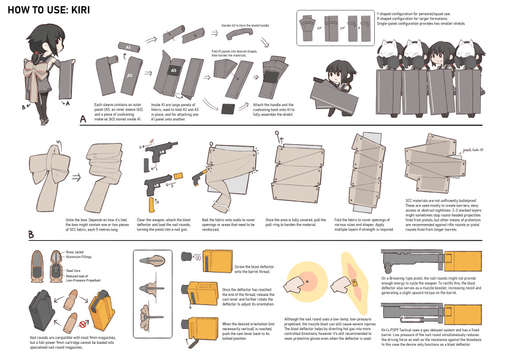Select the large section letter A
pos(84,119)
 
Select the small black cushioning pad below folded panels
pos(228,109)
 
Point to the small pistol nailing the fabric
pos(197,178)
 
